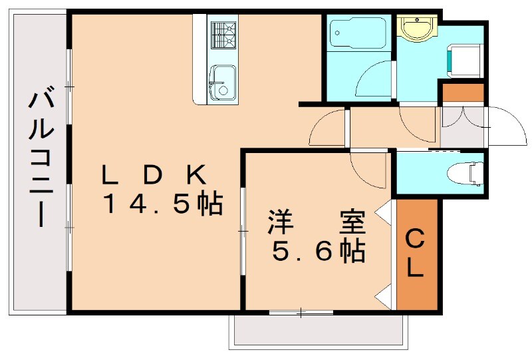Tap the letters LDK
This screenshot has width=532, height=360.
[x=153, y=175]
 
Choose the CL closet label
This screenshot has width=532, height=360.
[x=416, y=254]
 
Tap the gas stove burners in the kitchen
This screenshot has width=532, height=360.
[x=224, y=34]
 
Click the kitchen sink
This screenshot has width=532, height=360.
[x=221, y=83]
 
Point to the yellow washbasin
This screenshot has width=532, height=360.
[x=416, y=27]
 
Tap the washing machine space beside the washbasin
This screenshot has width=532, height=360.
[x=462, y=60]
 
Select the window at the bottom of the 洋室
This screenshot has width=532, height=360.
[x=301, y=311]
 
